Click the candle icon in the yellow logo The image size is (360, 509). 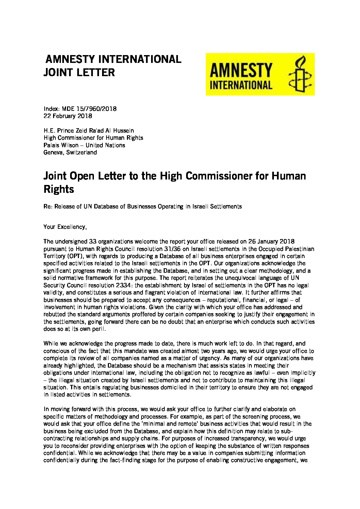tap(299, 74)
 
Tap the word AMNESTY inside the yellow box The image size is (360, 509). tap(241, 70)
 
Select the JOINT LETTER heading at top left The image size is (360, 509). tap(79, 72)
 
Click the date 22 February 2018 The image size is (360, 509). tap(68, 116)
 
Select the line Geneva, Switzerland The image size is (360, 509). tap(70, 152)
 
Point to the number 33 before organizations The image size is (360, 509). tap(93, 241)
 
